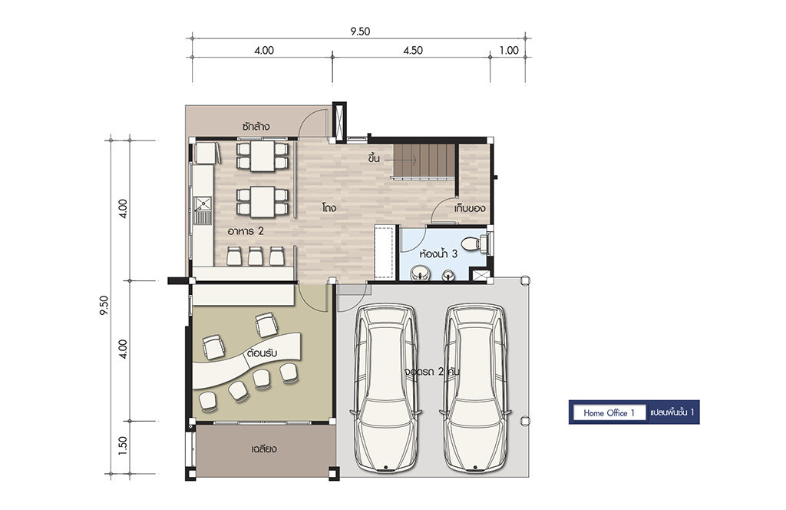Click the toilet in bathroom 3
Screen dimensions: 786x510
pyautogui.click(x=473, y=243)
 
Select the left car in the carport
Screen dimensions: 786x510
pyautogui.click(x=386, y=388)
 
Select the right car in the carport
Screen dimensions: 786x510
pyautogui.click(x=476, y=388)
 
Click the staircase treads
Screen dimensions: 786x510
pyautogui.click(x=424, y=161)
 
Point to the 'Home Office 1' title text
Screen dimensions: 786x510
pyautogui.click(x=609, y=412)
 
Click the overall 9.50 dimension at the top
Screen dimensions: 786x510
pyautogui.click(x=360, y=31)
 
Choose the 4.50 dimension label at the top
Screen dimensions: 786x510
pyautogui.click(x=413, y=50)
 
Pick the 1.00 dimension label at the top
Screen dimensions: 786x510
pyautogui.click(x=509, y=50)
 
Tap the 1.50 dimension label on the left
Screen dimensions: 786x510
pyautogui.click(x=123, y=446)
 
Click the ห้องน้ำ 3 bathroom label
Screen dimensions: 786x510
pyautogui.click(x=438, y=253)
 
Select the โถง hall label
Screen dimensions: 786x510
pyautogui.click(x=329, y=207)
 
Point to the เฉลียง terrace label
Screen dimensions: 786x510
pyautogui.click(x=264, y=449)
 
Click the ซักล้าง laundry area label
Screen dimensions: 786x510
pyautogui.click(x=256, y=126)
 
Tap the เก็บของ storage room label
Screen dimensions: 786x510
pyautogui.click(x=470, y=208)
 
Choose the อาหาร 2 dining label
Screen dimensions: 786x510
pyautogui.click(x=246, y=231)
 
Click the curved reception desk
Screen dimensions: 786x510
pyautogui.click(x=246, y=360)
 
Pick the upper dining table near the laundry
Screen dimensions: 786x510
pyautogui.click(x=263, y=156)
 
